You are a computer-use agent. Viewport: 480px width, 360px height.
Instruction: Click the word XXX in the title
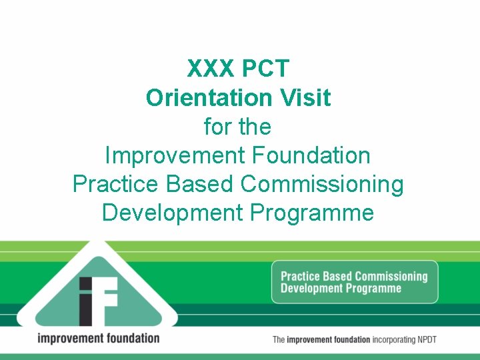(211, 69)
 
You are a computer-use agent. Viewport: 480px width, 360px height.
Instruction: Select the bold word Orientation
(200, 98)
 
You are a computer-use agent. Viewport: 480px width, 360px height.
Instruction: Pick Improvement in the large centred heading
(175, 155)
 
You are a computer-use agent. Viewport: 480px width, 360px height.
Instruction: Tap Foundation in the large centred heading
(311, 155)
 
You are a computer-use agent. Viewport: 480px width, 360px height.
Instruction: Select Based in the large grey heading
(201, 184)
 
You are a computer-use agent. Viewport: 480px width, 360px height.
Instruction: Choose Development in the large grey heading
(173, 213)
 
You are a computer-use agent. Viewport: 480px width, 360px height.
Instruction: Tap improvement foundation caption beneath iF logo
(98, 338)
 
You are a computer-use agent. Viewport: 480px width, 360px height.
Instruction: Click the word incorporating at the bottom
(398, 340)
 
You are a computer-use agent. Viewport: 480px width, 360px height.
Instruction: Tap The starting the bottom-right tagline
(279, 340)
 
